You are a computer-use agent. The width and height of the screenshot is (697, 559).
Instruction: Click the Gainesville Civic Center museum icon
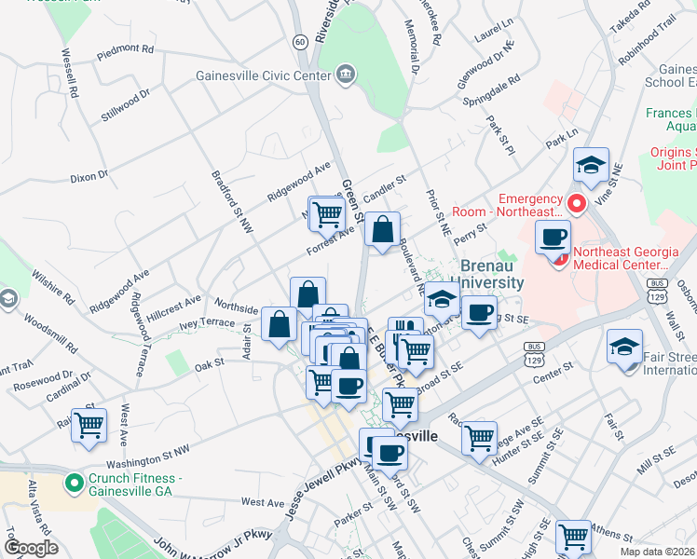[x=346, y=75]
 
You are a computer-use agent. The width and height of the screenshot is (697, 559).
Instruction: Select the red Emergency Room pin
[x=577, y=202]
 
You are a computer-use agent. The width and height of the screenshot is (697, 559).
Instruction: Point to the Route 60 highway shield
[x=299, y=41]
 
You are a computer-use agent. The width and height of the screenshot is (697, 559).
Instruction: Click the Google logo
[x=31, y=548]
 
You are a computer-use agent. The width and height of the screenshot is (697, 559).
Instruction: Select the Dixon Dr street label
[x=89, y=174]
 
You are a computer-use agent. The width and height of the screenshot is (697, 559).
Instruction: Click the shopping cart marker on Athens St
[x=572, y=536]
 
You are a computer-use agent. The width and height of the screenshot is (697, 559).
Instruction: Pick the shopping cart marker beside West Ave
[x=89, y=425]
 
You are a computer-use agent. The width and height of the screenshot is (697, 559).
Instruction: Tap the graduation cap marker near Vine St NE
[x=591, y=165]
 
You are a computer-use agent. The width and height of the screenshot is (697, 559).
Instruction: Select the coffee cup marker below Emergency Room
[x=553, y=236]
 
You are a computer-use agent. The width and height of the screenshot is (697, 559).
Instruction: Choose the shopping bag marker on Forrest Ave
[x=382, y=229]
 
